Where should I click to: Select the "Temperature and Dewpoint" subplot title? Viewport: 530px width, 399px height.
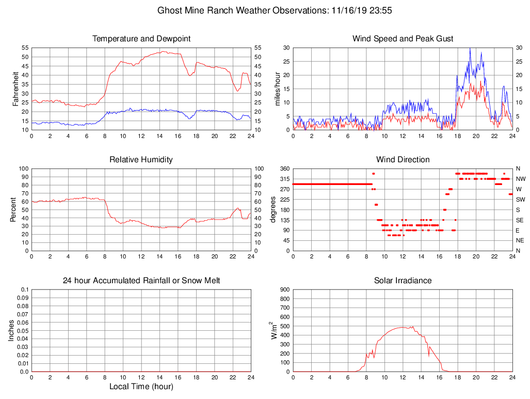141,39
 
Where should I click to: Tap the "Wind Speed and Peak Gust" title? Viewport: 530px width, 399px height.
403,39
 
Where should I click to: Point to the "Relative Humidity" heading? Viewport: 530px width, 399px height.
141,160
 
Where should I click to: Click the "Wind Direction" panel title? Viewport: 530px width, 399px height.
403,160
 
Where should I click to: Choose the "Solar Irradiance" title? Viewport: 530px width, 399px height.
403,281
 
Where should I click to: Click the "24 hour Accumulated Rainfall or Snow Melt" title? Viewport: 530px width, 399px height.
141,281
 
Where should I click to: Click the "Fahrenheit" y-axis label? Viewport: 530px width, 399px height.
16,88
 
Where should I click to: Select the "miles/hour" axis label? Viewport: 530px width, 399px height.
278,88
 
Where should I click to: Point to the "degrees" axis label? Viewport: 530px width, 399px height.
274,209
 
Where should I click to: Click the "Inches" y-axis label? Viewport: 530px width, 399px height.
11,330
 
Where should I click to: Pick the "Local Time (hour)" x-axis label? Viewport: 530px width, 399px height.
141,386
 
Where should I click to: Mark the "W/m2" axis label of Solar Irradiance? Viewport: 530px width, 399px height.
274,330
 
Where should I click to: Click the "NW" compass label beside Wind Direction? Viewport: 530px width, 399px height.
520,179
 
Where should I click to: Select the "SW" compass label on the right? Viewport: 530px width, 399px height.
520,199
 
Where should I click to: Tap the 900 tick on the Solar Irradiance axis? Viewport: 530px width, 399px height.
284,290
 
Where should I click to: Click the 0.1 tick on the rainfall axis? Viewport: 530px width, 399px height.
24,290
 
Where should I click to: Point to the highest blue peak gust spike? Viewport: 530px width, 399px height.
470,48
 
